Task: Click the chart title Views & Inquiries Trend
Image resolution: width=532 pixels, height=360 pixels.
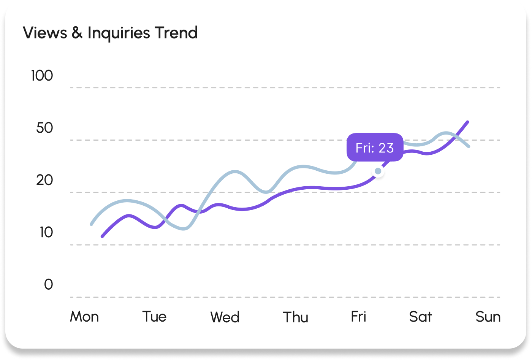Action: (x=110, y=33)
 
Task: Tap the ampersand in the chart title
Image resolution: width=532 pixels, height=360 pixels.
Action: (x=77, y=33)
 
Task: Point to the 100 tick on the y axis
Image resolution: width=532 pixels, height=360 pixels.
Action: (x=42, y=76)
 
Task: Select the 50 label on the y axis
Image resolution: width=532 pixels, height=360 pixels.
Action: (x=44, y=128)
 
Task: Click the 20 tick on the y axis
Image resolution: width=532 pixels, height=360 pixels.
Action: (x=44, y=180)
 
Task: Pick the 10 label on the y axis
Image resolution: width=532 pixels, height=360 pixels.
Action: (x=46, y=232)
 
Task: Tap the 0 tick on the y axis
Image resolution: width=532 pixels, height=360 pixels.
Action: (x=48, y=284)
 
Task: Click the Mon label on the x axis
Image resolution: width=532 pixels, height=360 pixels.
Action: (x=84, y=317)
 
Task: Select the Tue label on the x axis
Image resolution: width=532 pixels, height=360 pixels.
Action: (x=154, y=317)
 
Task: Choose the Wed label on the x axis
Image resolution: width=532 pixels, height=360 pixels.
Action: (x=225, y=317)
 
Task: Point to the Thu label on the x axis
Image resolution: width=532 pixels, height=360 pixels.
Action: (x=296, y=317)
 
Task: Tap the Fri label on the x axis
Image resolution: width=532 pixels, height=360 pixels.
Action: (x=358, y=317)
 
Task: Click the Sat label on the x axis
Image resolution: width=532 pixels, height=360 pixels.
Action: (x=420, y=317)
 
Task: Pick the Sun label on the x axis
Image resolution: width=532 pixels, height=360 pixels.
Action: (x=488, y=317)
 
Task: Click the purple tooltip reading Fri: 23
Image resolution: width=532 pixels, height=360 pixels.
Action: (x=375, y=147)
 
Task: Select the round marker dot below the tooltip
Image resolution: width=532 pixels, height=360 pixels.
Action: (x=378, y=171)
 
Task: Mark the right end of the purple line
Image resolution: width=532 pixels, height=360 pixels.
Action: (x=467, y=122)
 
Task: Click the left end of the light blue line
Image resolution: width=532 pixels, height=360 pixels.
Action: (x=91, y=224)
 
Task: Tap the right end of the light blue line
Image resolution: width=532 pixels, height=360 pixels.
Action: (x=469, y=146)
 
